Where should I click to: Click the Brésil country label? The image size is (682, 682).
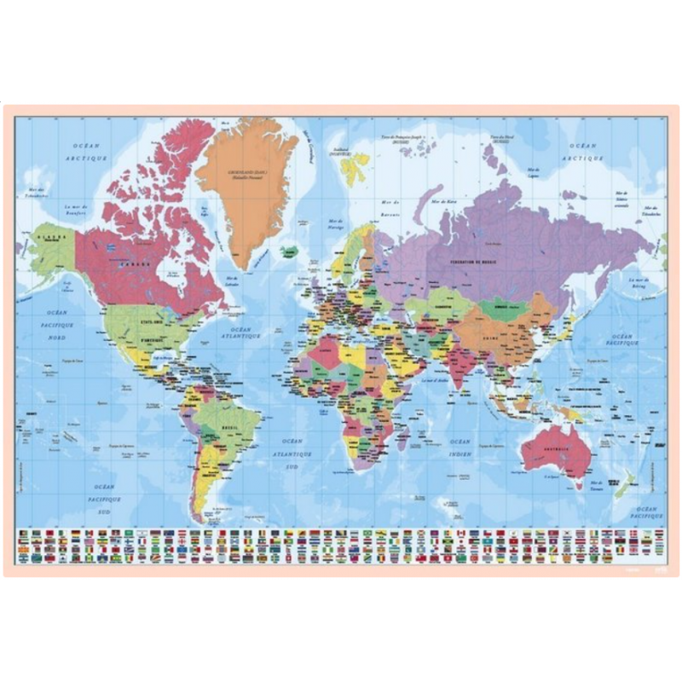click(x=227, y=426)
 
